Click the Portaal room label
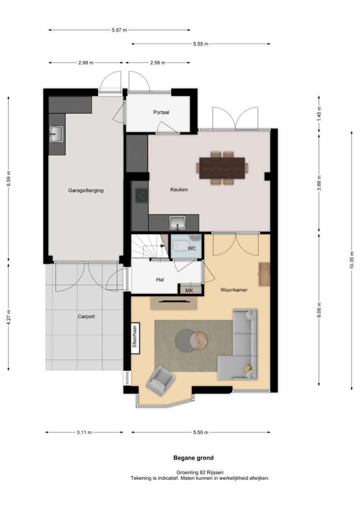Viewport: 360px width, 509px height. (x=161, y=112)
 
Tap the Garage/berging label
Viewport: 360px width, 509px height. (x=86, y=191)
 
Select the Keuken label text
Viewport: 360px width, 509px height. (x=179, y=189)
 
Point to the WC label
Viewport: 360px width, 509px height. (x=192, y=248)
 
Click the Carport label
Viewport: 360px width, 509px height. (x=86, y=316)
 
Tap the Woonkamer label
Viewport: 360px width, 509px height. (x=234, y=290)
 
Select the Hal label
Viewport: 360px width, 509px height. (x=160, y=279)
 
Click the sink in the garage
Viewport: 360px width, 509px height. (x=56, y=134)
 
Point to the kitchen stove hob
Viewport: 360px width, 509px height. (x=142, y=196)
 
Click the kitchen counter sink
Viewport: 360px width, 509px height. (x=177, y=223)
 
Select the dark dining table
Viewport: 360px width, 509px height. (x=222, y=168)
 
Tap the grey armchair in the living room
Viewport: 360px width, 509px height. (x=161, y=381)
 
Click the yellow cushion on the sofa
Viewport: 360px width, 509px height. (x=248, y=369)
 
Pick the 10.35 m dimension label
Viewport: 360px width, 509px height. (x=352, y=260)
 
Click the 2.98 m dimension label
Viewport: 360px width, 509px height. (x=86, y=63)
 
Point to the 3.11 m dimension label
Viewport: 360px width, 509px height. (x=84, y=433)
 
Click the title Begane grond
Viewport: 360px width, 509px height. (x=194, y=458)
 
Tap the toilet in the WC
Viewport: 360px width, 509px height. (x=178, y=246)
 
